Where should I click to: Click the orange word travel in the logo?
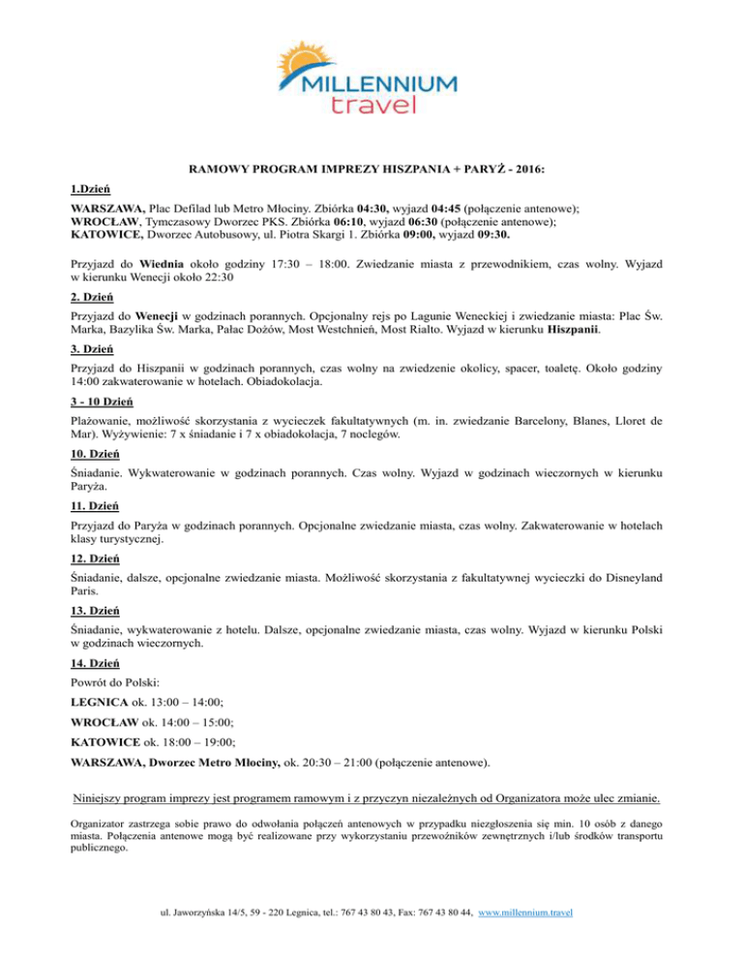click(x=372, y=105)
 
